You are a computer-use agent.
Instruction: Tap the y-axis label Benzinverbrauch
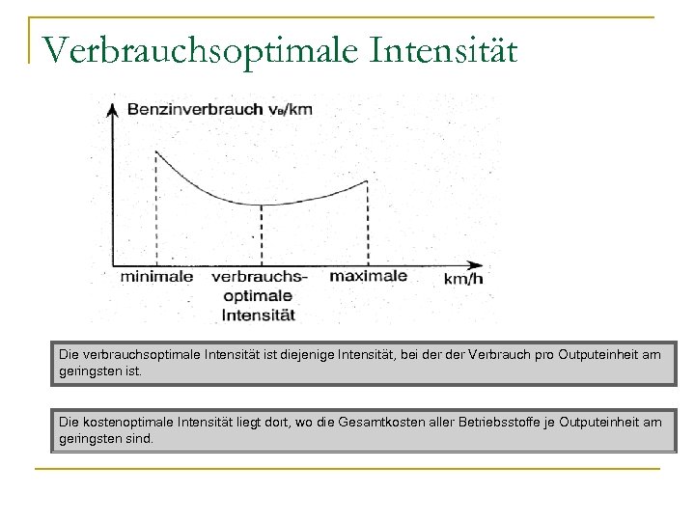(x=199, y=109)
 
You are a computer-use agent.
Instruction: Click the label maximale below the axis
(x=368, y=276)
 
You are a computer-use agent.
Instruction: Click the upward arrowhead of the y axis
(x=115, y=103)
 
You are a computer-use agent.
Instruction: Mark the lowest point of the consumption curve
(x=262, y=205)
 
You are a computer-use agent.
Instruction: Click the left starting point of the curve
(x=157, y=151)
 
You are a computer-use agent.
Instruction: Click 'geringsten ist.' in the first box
(x=99, y=370)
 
